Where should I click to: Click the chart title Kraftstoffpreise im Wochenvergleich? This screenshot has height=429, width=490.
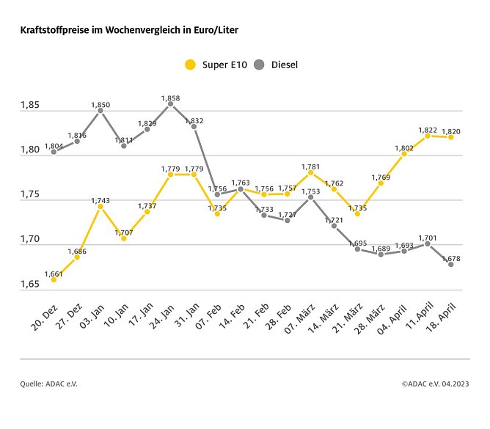coord(128,32)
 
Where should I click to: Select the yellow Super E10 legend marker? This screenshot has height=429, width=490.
coord(190,65)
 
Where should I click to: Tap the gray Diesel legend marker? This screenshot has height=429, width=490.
coord(259,65)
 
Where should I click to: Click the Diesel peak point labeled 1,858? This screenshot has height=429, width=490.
coord(170,104)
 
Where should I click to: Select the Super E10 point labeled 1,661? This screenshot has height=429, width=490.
coord(54,279)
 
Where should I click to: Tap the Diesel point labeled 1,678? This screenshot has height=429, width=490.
coord(450,264)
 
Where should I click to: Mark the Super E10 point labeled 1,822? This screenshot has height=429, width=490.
coord(427,136)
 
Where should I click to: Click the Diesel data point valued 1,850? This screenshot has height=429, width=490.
coord(100,111)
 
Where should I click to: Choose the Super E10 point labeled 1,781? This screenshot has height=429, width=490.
coord(310,172)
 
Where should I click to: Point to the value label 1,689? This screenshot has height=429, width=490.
coord(381,248)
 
